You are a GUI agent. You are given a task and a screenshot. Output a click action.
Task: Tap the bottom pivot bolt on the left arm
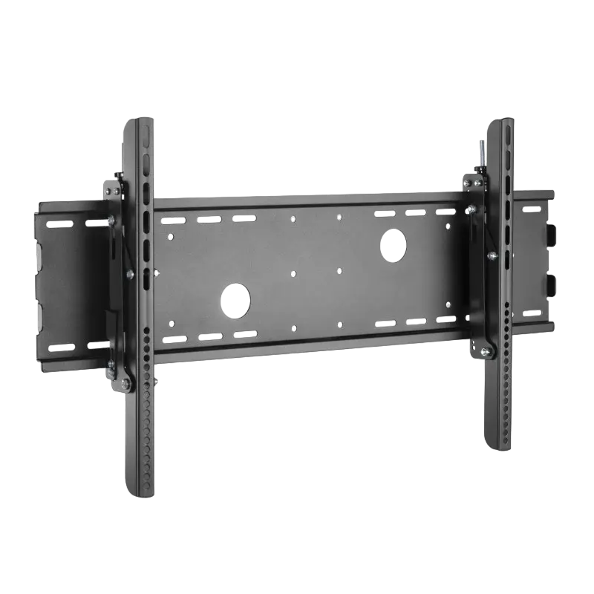tap(123, 384)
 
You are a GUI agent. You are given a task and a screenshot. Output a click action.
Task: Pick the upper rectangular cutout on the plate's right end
tap(552, 233)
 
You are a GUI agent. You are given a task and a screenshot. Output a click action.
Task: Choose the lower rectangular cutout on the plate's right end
tap(552, 284)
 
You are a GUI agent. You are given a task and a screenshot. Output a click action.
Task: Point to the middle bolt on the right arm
tap(491, 256)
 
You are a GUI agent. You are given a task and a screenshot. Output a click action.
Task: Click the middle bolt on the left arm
tap(130, 275)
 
